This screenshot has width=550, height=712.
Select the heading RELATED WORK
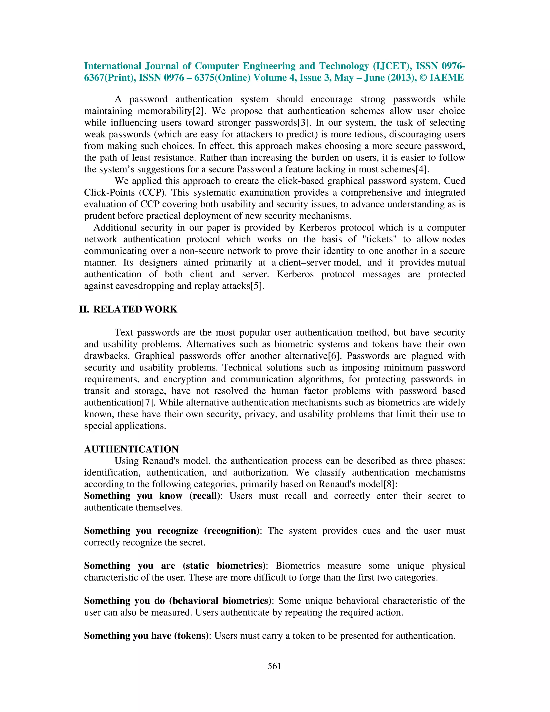point(135,309)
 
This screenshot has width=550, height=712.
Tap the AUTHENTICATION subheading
point(131,449)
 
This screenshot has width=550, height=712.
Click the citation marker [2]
point(198,111)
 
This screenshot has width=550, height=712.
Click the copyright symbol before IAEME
point(423,78)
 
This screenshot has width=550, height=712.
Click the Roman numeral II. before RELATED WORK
point(84,309)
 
